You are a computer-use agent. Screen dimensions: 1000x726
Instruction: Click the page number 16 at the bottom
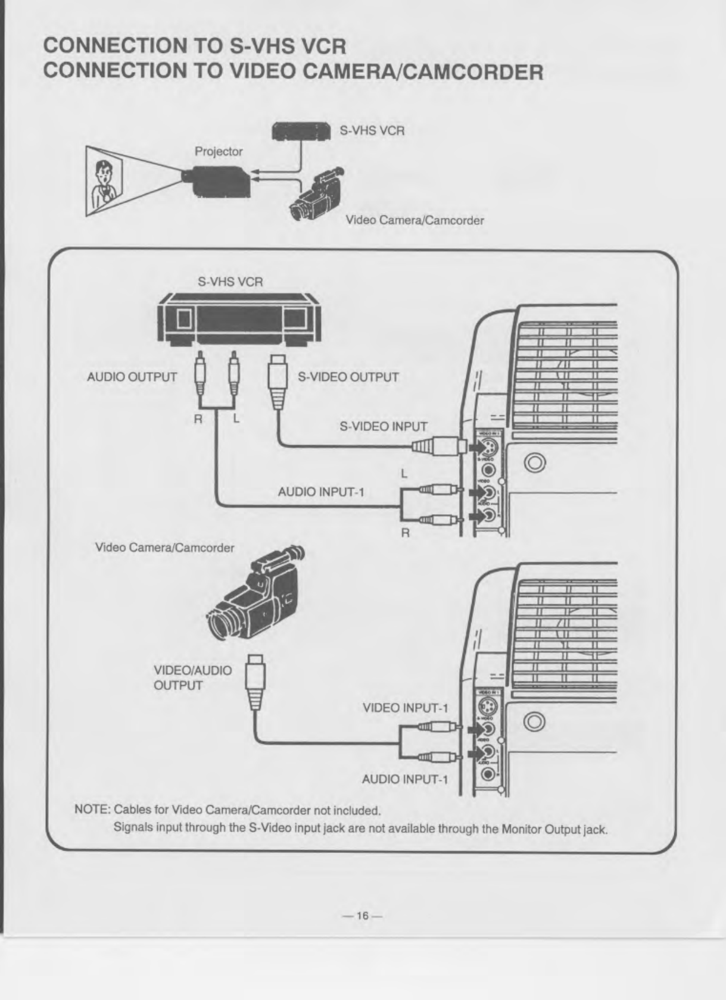click(x=362, y=916)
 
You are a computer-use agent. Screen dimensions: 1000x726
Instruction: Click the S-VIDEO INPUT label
click(x=383, y=427)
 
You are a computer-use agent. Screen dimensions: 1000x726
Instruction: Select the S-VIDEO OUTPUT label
click(x=348, y=377)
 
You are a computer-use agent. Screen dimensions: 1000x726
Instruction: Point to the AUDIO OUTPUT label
click(x=132, y=377)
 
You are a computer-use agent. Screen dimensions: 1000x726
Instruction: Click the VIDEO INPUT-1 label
click(x=405, y=708)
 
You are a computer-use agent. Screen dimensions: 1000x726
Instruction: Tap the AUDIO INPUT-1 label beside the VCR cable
click(x=320, y=492)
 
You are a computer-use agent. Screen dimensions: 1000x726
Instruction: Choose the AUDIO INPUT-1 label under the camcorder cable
click(x=405, y=779)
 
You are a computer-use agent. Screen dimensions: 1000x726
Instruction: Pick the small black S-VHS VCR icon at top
click(x=301, y=131)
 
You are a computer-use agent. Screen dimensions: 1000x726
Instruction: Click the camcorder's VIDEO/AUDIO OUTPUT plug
click(x=255, y=681)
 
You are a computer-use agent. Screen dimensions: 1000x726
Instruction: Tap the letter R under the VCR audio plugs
click(x=198, y=419)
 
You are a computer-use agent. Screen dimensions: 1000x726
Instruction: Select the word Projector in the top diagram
click(x=219, y=152)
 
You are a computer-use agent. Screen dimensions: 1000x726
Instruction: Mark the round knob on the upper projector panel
click(x=535, y=462)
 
